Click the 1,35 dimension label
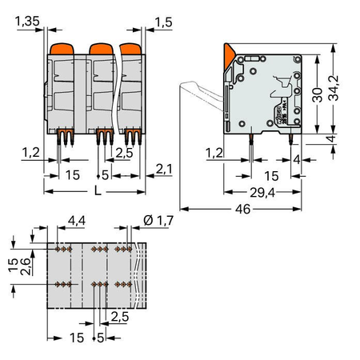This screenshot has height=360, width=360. [27, 21]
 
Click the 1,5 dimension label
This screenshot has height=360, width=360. [163, 22]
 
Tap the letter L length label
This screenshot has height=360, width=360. [98, 190]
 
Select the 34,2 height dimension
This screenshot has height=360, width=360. [333, 88]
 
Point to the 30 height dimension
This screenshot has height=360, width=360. [317, 95]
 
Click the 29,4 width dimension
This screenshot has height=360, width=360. [262, 192]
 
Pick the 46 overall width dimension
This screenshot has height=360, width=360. [242, 209]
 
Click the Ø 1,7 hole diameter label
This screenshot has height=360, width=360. [158, 221]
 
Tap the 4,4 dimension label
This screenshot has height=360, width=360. [77, 221]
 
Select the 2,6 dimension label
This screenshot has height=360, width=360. [26, 266]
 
